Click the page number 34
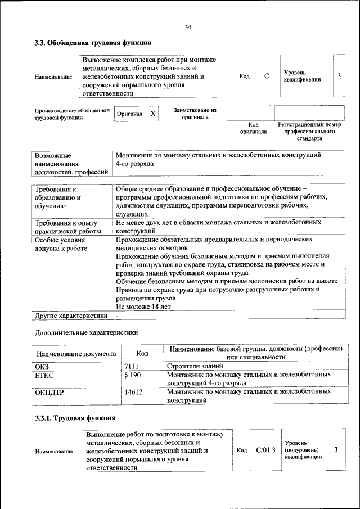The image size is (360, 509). tap(188, 26)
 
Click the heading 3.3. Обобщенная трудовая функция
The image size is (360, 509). tap(93, 42)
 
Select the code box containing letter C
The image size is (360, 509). tap(266, 76)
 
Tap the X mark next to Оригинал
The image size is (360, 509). tap(152, 114)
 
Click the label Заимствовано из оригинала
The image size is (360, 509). tap(195, 114)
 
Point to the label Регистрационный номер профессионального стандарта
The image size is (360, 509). tap(310, 131)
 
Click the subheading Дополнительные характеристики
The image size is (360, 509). tap(86, 332)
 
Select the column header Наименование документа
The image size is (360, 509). tap(76, 354)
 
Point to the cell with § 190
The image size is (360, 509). tap(132, 375)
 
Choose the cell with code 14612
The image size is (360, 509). tap(133, 392)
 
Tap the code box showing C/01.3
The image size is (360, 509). tap(265, 449)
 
